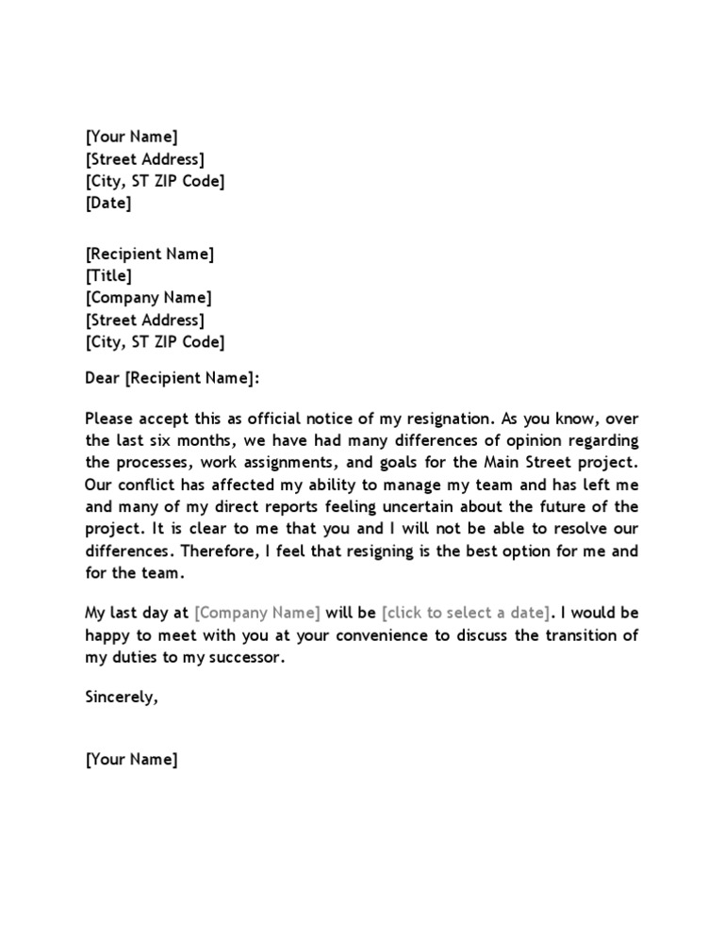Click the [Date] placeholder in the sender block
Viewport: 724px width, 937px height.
coord(108,203)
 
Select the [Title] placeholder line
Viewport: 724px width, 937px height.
coord(108,276)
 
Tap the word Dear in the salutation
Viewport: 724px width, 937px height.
coord(103,378)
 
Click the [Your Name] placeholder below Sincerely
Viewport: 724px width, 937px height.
coord(131,760)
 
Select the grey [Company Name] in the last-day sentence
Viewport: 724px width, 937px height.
coord(257,613)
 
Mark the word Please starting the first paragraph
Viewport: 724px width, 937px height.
coord(109,419)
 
